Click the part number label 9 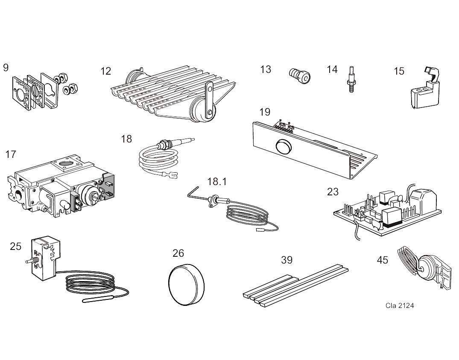coord(6,67)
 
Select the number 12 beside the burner coord(105,71)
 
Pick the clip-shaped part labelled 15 coord(423,91)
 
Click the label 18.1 coord(216,181)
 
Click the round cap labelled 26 coord(187,285)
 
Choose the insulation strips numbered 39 coord(295,284)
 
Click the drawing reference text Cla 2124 coord(399,305)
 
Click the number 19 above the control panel coord(265,112)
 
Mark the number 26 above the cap coord(178,253)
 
